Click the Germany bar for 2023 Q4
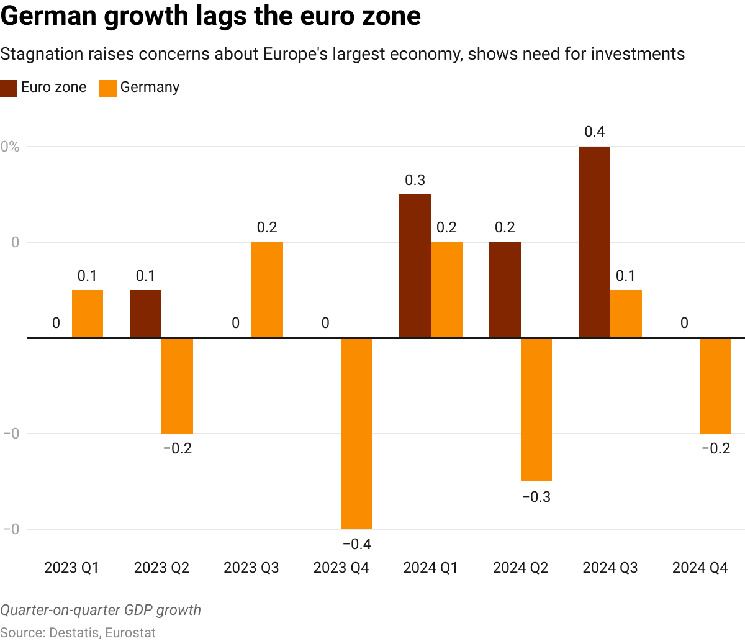point(357,433)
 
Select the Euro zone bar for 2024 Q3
point(595,242)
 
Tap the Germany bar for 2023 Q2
point(178,385)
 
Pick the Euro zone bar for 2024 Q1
point(415,266)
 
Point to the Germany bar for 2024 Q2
point(536,409)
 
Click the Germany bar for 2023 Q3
point(267,290)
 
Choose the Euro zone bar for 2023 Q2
point(146,314)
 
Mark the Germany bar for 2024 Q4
point(716,385)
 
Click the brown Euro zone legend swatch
point(9,88)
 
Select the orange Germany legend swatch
point(108,88)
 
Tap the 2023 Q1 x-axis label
point(71,568)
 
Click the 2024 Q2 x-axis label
point(520,568)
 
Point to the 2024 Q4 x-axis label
point(700,568)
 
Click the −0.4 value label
point(357,545)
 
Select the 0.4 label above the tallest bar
point(595,132)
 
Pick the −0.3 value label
point(536,497)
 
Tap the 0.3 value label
point(415,180)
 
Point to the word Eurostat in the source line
point(130,633)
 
